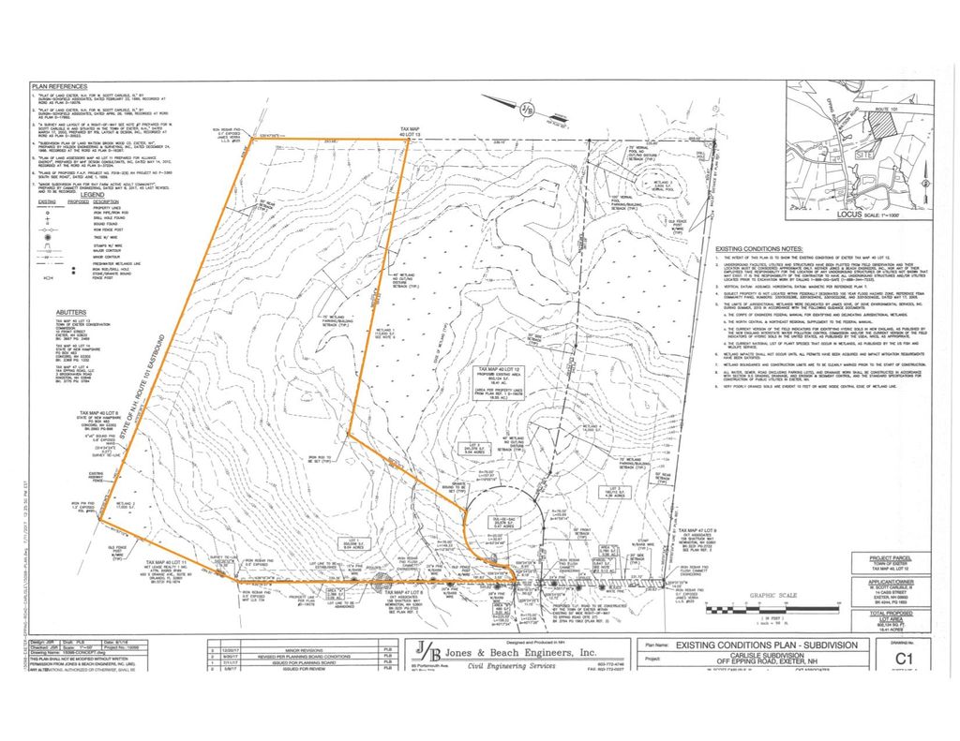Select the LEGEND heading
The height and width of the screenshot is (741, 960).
click(91, 194)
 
